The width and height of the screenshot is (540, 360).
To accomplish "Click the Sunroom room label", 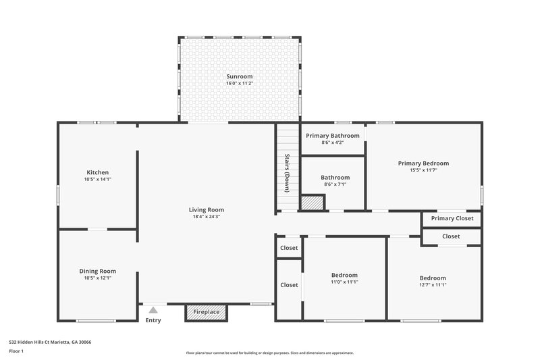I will pos(240,76).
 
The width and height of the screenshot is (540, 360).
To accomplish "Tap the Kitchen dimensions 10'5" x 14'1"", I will pos(97,180).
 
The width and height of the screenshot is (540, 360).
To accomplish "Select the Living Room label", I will pos(206,209).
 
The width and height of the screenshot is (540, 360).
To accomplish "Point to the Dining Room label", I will pos(98,271).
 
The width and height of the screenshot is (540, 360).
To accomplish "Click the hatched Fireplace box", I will pos(207,312).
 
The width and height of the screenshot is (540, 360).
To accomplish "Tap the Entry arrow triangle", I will pos(153,310).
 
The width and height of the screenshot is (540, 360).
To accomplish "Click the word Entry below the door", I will pos(153,320).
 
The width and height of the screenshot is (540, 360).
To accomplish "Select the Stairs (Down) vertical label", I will pos(287,173).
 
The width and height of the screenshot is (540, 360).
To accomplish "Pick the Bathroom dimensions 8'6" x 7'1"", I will pos(335,184).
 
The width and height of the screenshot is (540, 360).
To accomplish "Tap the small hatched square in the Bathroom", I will pos(313,203).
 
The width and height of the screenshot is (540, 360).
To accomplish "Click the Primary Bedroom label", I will pos(423,163).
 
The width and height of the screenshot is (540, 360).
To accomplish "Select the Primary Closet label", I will pos(452,218).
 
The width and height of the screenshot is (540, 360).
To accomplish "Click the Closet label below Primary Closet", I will pos(451,236).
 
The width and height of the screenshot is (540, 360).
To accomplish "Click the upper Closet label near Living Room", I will pos(289,248).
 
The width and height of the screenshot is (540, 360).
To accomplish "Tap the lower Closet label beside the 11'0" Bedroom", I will pos(289,285).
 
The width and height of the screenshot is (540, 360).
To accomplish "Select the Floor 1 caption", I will pos(16,352).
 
